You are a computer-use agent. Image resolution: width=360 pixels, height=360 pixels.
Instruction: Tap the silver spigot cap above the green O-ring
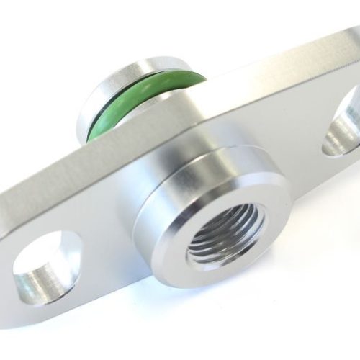tap(130, 72)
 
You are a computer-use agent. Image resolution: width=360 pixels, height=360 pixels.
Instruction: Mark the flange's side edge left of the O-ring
tap(43, 187)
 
